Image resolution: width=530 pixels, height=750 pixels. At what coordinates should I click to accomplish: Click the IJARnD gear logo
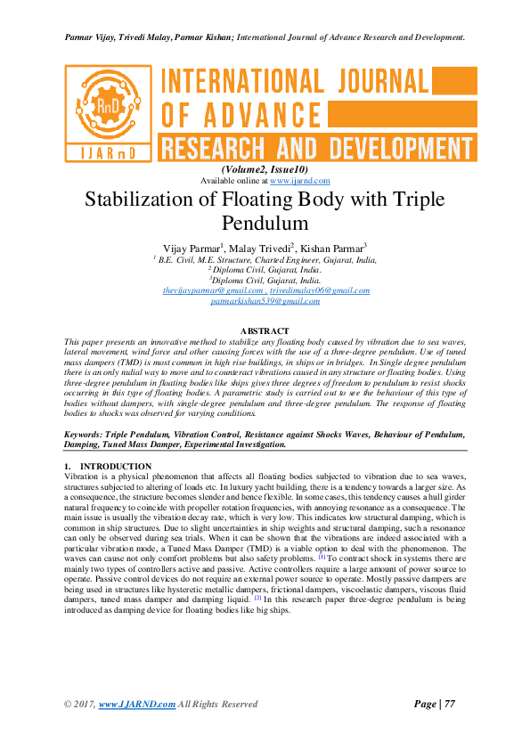(x=108, y=111)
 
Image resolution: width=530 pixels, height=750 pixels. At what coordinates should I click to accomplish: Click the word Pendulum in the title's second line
(x=265, y=222)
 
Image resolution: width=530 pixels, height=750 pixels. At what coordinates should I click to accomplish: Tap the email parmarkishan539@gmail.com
(x=265, y=301)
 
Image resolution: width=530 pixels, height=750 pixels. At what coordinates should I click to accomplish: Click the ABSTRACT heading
(x=265, y=331)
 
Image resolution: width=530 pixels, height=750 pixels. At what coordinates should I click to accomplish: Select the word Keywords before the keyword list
(x=89, y=434)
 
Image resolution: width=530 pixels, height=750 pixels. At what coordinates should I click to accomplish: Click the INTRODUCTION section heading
(x=115, y=466)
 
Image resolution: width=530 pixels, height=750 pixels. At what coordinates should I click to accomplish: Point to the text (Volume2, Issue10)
(x=265, y=170)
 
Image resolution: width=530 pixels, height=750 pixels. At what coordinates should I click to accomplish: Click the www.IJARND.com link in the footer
(x=136, y=705)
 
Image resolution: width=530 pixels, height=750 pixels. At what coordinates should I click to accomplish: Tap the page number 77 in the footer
(x=449, y=704)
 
